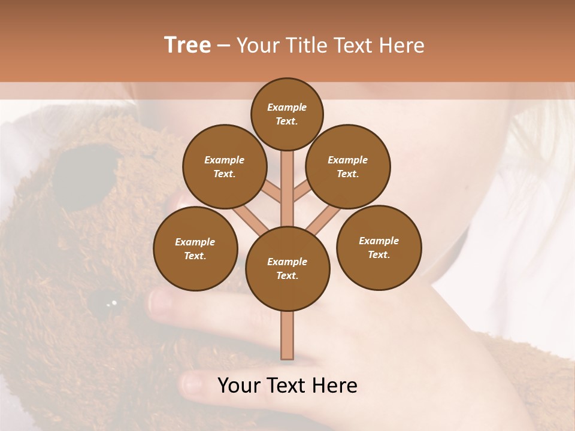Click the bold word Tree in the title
(187, 45)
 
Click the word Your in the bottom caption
(237, 386)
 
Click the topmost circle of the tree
(287, 114)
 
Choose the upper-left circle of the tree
(225, 167)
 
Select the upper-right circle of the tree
(348, 167)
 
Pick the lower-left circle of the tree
(195, 249)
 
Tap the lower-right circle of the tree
(379, 247)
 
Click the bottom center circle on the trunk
(287, 269)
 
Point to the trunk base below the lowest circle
(287, 335)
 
